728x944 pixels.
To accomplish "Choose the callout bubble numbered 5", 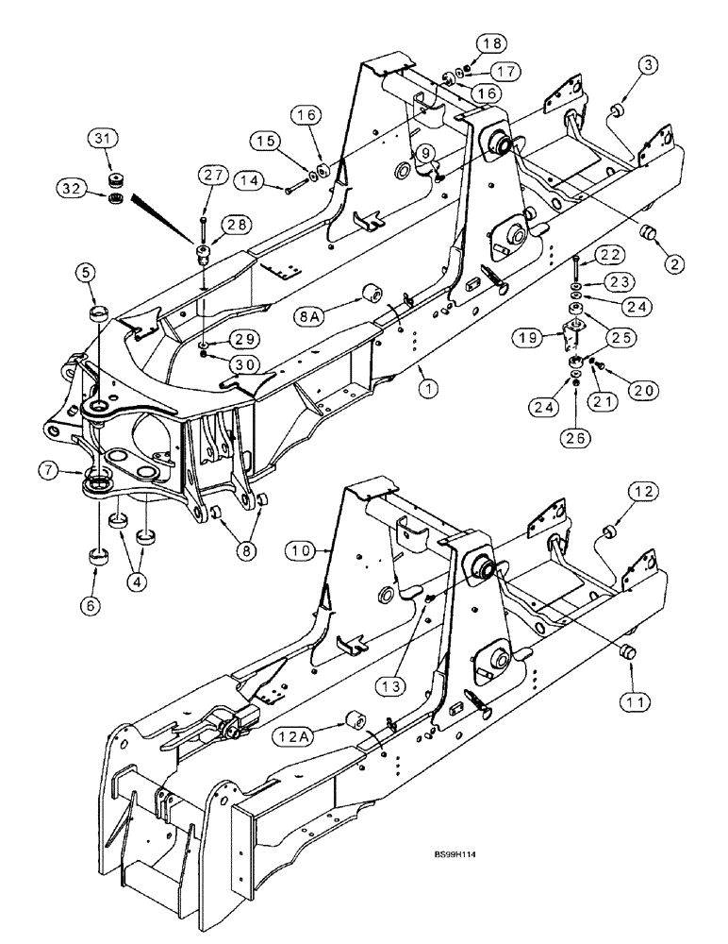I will point(88,275).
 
